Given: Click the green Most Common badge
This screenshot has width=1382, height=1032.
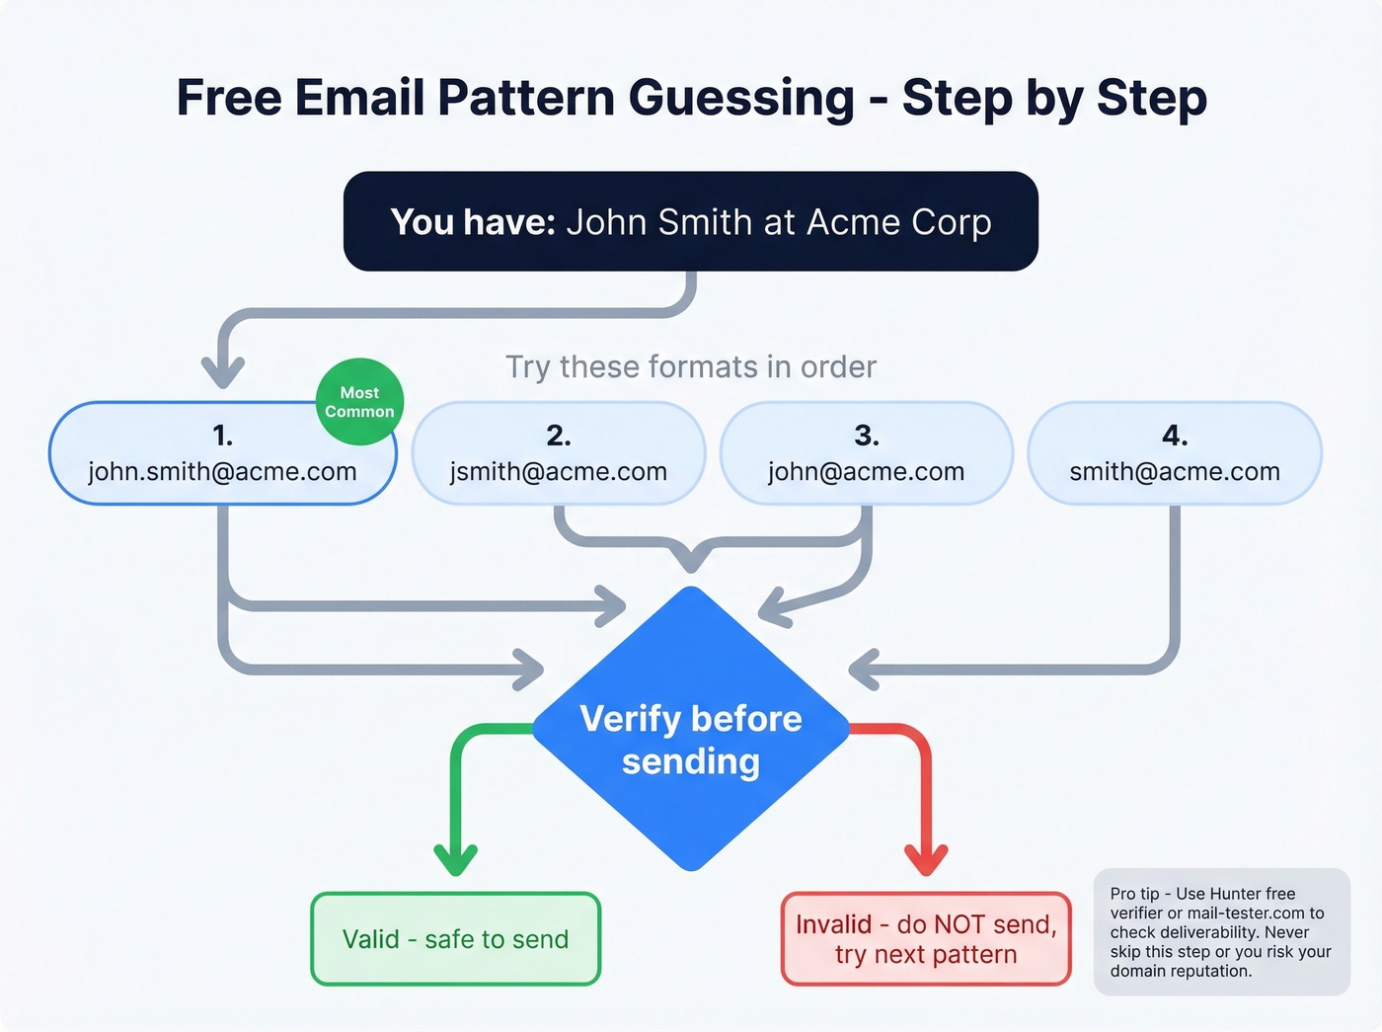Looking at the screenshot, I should click(x=359, y=402).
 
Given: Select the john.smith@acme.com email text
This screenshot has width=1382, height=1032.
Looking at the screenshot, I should click(x=222, y=472).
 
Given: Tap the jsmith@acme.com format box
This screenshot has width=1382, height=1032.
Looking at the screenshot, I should click(x=559, y=453).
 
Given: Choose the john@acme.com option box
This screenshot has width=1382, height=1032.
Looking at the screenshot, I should click(x=867, y=453).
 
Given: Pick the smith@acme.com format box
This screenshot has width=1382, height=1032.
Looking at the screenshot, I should click(x=1175, y=453).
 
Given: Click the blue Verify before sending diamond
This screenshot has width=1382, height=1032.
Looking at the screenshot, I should click(x=691, y=731).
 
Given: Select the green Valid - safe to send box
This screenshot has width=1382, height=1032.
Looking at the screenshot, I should click(x=455, y=939).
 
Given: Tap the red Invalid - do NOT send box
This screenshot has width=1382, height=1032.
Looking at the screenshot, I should click(x=926, y=939).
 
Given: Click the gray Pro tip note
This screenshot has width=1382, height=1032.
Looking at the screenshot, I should click(x=1221, y=932).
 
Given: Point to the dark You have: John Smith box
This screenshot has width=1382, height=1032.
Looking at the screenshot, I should click(x=691, y=222).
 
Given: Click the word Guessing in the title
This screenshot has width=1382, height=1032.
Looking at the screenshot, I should click(x=741, y=98).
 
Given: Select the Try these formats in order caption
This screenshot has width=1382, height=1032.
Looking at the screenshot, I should click(x=691, y=367).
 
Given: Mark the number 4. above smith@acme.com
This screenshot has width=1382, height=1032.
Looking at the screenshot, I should click(x=1175, y=436).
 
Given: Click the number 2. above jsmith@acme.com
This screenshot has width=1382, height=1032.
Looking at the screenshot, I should click(x=559, y=436).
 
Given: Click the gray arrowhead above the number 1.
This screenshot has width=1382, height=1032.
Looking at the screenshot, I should click(x=223, y=372).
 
